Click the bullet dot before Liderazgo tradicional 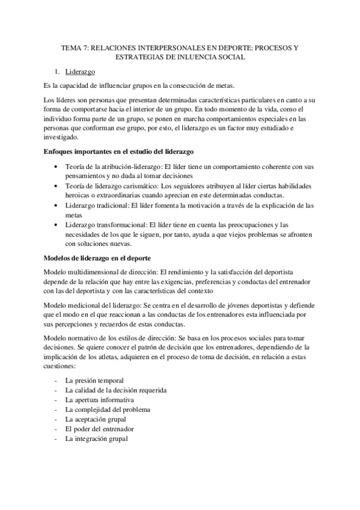tap(56, 206)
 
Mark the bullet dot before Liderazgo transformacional tap(56, 225)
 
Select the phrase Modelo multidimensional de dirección tap(100, 272)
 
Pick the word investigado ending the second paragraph tap(64, 137)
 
